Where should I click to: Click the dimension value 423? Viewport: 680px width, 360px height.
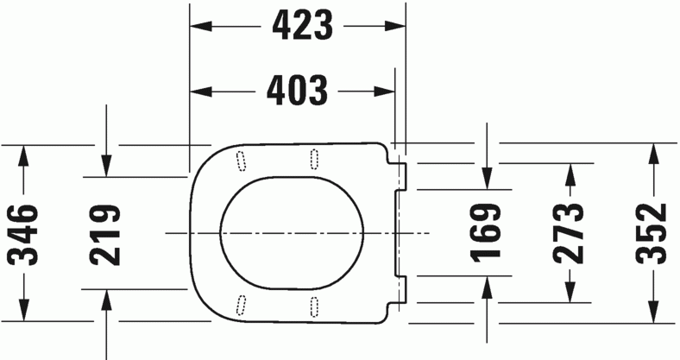[302, 28]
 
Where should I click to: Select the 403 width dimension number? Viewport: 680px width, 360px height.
[297, 90]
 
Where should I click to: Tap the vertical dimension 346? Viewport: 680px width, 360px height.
[23, 233]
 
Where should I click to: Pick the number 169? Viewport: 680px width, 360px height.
[487, 231]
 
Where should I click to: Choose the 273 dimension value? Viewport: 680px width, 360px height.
[570, 233]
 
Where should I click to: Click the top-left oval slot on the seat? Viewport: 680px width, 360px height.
[240, 161]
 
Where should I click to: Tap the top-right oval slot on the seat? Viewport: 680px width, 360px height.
[312, 158]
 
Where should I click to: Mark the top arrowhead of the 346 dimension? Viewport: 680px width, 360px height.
[23, 154]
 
